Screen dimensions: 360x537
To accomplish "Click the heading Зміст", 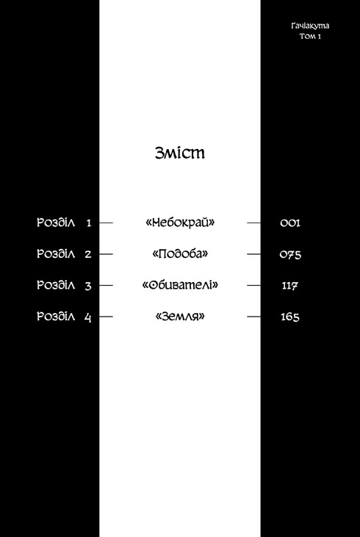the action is (x=180, y=153).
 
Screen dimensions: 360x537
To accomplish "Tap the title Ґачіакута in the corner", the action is (x=310, y=26).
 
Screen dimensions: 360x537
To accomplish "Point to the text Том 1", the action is (x=310, y=36).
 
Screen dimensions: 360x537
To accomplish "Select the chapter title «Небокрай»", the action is (x=180, y=223).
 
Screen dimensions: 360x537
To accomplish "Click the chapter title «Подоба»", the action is (x=180, y=253).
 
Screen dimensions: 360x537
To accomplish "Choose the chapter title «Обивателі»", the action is (x=180, y=285).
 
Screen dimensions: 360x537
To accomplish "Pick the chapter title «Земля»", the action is (x=180, y=317).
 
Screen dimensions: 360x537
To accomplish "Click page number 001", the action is (x=289, y=223).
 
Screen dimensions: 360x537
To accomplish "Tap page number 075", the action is (x=290, y=254).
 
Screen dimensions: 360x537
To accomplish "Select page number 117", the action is (x=289, y=286).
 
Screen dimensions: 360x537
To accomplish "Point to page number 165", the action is (x=289, y=317).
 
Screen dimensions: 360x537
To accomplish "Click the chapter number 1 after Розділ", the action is (x=89, y=223).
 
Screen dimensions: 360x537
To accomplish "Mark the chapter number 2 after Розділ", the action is (x=88, y=254).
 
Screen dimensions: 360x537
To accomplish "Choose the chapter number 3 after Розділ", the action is (x=88, y=286).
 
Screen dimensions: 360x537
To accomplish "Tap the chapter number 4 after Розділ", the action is (x=87, y=317).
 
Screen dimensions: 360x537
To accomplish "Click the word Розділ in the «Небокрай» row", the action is (x=56, y=223).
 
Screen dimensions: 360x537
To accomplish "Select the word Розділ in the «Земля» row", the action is (x=56, y=317).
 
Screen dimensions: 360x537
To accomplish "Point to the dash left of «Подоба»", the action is (x=106, y=254).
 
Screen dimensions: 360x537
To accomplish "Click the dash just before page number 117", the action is (x=253, y=285).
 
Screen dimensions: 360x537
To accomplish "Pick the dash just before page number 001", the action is (x=253, y=223).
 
